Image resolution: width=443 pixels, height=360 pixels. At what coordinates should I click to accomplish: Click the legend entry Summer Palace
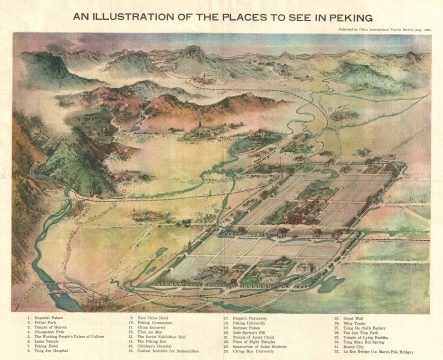250,326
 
